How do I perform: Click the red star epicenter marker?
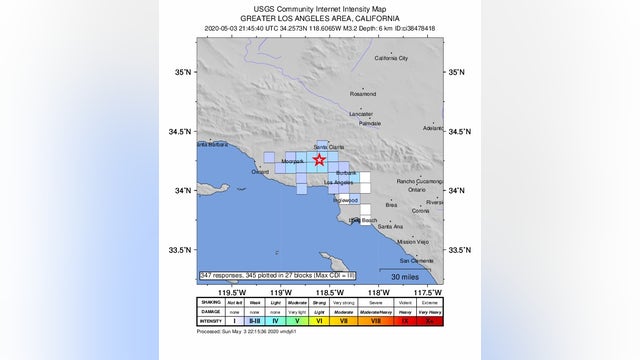click(x=319, y=159)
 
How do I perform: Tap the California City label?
click(x=391, y=58)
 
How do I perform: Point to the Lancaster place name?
click(x=361, y=114)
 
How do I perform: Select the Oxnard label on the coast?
click(x=261, y=171)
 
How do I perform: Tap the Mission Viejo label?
click(x=412, y=242)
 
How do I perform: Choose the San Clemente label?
click(x=418, y=260)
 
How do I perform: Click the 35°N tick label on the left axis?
click(x=181, y=72)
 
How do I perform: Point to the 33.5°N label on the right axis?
click(x=460, y=250)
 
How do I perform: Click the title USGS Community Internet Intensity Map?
click(x=319, y=9)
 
